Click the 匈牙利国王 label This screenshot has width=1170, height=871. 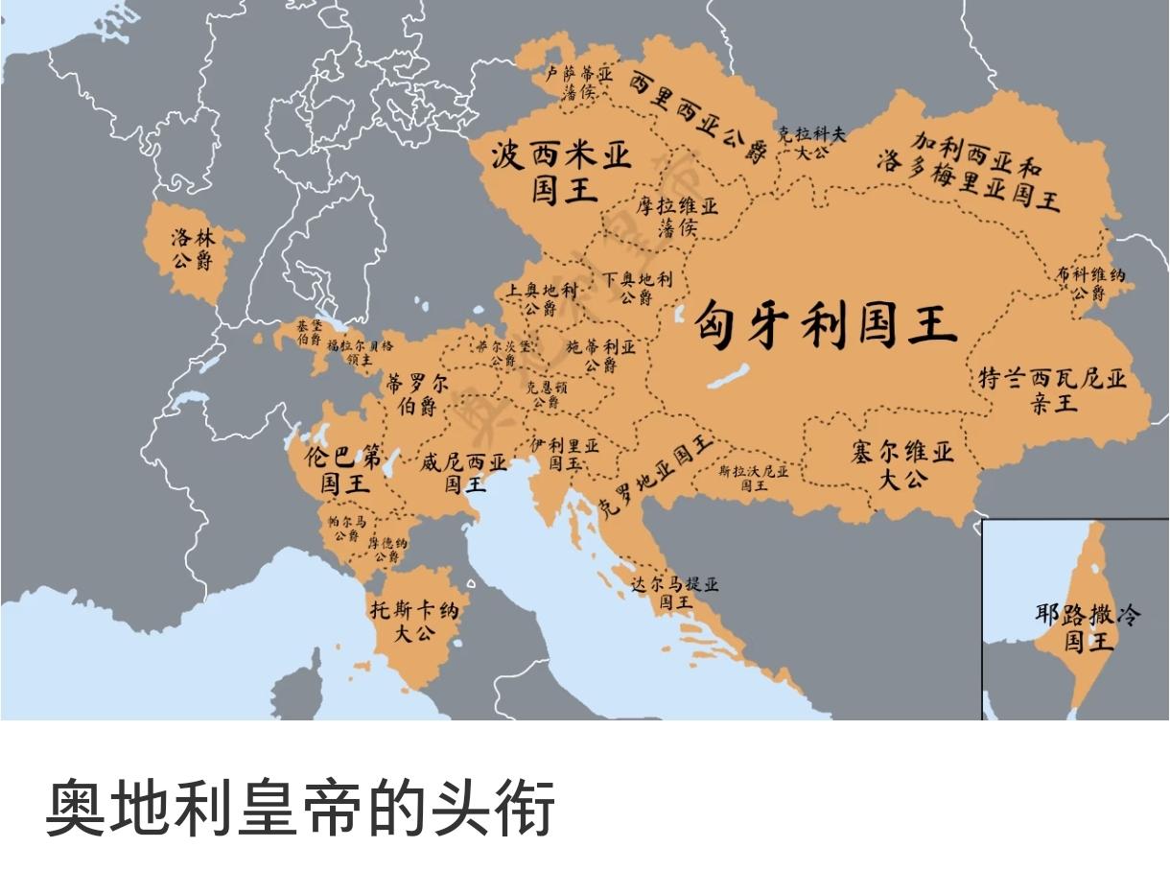[x=826, y=324]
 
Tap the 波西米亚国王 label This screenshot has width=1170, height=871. [x=563, y=171]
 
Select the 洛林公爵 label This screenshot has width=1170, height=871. [x=193, y=248]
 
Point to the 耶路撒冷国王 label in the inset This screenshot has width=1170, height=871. [x=1088, y=626]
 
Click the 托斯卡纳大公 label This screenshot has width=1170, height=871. [x=415, y=621]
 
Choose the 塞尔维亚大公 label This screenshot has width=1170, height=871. [x=902, y=464]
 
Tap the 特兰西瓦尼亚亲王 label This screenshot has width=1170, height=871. [x=1053, y=389]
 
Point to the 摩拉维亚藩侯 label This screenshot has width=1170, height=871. [x=677, y=217]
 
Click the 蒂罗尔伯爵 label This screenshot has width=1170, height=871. [x=416, y=393]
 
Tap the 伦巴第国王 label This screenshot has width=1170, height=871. [x=342, y=469]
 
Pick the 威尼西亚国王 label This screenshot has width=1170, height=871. [x=464, y=472]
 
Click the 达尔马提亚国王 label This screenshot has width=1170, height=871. [x=675, y=594]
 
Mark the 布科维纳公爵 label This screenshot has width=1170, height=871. [x=1090, y=284]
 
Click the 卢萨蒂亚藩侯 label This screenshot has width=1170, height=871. [x=578, y=82]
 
